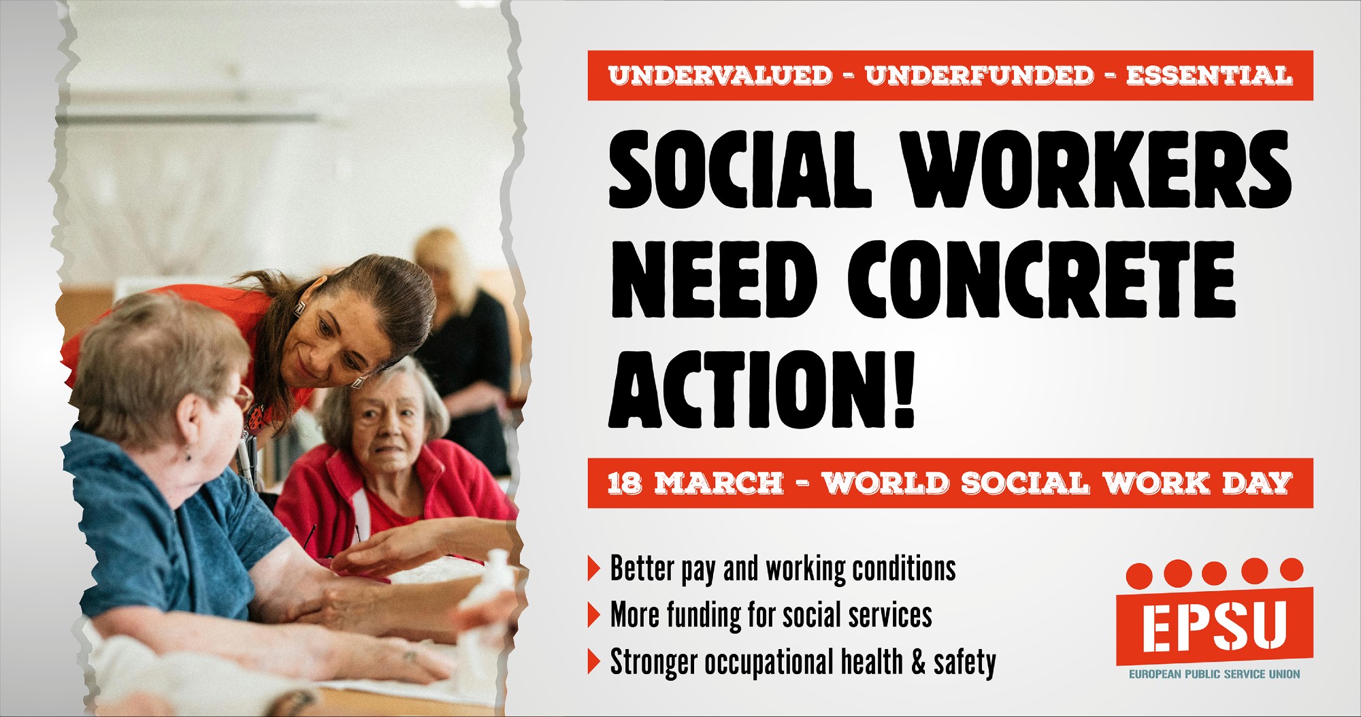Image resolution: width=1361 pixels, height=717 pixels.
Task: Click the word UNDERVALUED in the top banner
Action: (720, 76)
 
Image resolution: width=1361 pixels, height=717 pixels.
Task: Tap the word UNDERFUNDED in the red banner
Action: (979, 76)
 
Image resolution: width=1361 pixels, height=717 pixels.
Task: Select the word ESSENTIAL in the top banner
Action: (1209, 76)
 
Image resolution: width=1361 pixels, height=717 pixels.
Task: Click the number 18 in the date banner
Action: (625, 484)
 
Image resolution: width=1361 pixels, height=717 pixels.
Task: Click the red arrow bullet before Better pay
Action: (594, 568)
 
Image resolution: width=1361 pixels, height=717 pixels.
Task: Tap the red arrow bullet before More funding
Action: (594, 614)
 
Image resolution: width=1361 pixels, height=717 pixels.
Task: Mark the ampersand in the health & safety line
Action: (918, 662)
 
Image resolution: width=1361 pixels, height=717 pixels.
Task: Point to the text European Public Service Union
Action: (1214, 674)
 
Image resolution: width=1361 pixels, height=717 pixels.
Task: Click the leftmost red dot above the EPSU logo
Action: (1139, 576)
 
